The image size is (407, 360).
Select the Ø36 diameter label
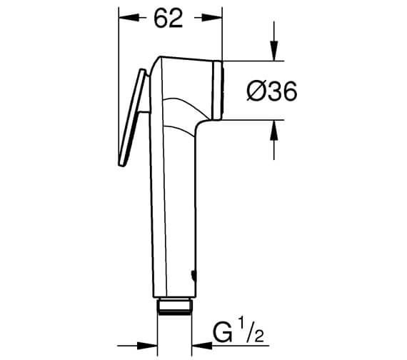click(271, 91)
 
